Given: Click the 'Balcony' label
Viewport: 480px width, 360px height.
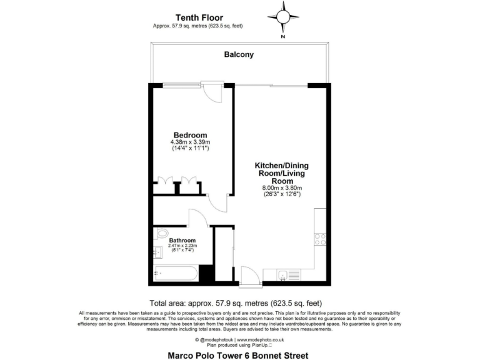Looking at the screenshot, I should point(239,54).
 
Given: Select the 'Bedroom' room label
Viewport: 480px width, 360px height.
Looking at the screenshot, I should point(190,135).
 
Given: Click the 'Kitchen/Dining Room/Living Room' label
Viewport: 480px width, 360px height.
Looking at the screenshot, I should point(281,173).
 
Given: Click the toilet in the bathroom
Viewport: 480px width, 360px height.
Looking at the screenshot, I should point(161,234).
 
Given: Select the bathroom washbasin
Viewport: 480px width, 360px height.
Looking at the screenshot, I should point(157,252).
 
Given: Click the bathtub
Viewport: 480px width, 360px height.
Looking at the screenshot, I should point(176,273).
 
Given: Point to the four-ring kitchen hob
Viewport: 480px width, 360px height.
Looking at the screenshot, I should point(320,238).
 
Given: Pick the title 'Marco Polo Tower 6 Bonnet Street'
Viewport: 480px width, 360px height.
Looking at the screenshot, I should point(238,356).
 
